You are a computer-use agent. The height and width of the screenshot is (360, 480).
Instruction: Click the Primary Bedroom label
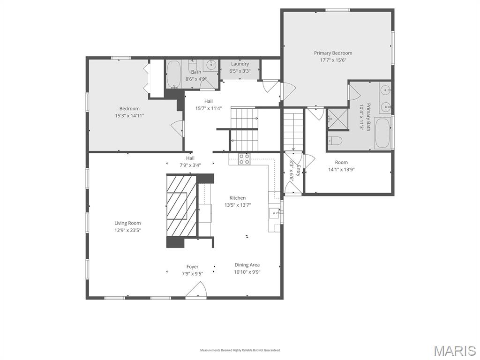333,53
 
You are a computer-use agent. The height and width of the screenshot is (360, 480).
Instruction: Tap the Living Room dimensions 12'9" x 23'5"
127,230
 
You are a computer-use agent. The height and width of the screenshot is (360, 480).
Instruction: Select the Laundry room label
240,64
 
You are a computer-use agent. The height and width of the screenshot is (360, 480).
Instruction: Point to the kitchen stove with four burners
244,159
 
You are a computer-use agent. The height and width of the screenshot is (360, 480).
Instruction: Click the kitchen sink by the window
274,212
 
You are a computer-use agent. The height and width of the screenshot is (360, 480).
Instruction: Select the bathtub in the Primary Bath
382,133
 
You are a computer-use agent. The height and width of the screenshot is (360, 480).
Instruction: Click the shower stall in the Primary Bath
337,119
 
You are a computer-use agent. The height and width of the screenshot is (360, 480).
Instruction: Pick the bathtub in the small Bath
174,75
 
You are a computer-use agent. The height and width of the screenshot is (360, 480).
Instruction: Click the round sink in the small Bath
211,65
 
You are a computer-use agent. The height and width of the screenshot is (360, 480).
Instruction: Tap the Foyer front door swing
196,290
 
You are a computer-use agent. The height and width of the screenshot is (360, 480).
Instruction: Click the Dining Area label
247,265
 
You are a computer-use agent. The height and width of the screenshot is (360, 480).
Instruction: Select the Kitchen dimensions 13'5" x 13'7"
238,205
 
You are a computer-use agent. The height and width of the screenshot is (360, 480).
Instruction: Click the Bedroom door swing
178,128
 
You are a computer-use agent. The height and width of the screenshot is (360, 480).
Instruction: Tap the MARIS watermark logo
455,351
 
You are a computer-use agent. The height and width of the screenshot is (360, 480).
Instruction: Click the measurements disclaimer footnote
240,350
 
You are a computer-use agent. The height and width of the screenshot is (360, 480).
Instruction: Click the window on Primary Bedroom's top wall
337,10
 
